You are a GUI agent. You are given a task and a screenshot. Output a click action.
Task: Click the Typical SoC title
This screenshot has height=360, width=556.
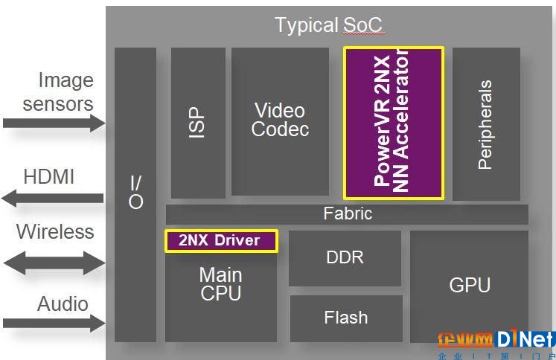329,25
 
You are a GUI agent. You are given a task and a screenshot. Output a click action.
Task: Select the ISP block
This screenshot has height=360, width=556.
198,123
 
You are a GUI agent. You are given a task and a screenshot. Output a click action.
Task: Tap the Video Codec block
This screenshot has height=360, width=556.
280,121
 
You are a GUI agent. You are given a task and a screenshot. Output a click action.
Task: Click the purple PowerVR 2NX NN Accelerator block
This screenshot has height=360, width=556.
394,123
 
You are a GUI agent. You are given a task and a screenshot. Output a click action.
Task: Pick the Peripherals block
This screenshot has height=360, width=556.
486,124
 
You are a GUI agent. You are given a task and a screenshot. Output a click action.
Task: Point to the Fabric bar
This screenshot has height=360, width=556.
347,214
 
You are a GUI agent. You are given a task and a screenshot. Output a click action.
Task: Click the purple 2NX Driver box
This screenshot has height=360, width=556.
221,241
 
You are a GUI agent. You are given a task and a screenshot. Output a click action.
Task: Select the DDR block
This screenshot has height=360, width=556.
345,258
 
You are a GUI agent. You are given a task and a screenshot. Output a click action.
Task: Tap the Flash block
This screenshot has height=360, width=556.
346,318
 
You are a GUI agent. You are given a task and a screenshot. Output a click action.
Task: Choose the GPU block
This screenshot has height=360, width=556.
469,286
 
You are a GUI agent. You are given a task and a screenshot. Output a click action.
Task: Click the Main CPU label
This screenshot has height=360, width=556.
220,284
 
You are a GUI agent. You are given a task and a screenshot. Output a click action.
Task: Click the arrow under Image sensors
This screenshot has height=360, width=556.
54,123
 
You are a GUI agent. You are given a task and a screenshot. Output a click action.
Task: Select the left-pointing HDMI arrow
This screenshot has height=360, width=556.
53,198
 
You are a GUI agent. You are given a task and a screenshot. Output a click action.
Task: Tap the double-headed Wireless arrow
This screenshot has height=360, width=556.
54,263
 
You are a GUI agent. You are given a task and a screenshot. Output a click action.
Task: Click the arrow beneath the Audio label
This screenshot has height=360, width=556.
54,323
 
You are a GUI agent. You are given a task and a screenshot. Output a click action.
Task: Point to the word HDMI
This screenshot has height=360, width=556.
49,176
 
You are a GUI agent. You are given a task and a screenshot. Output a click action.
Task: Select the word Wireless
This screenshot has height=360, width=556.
55,232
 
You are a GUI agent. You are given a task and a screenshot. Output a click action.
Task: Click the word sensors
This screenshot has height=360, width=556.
58,104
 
